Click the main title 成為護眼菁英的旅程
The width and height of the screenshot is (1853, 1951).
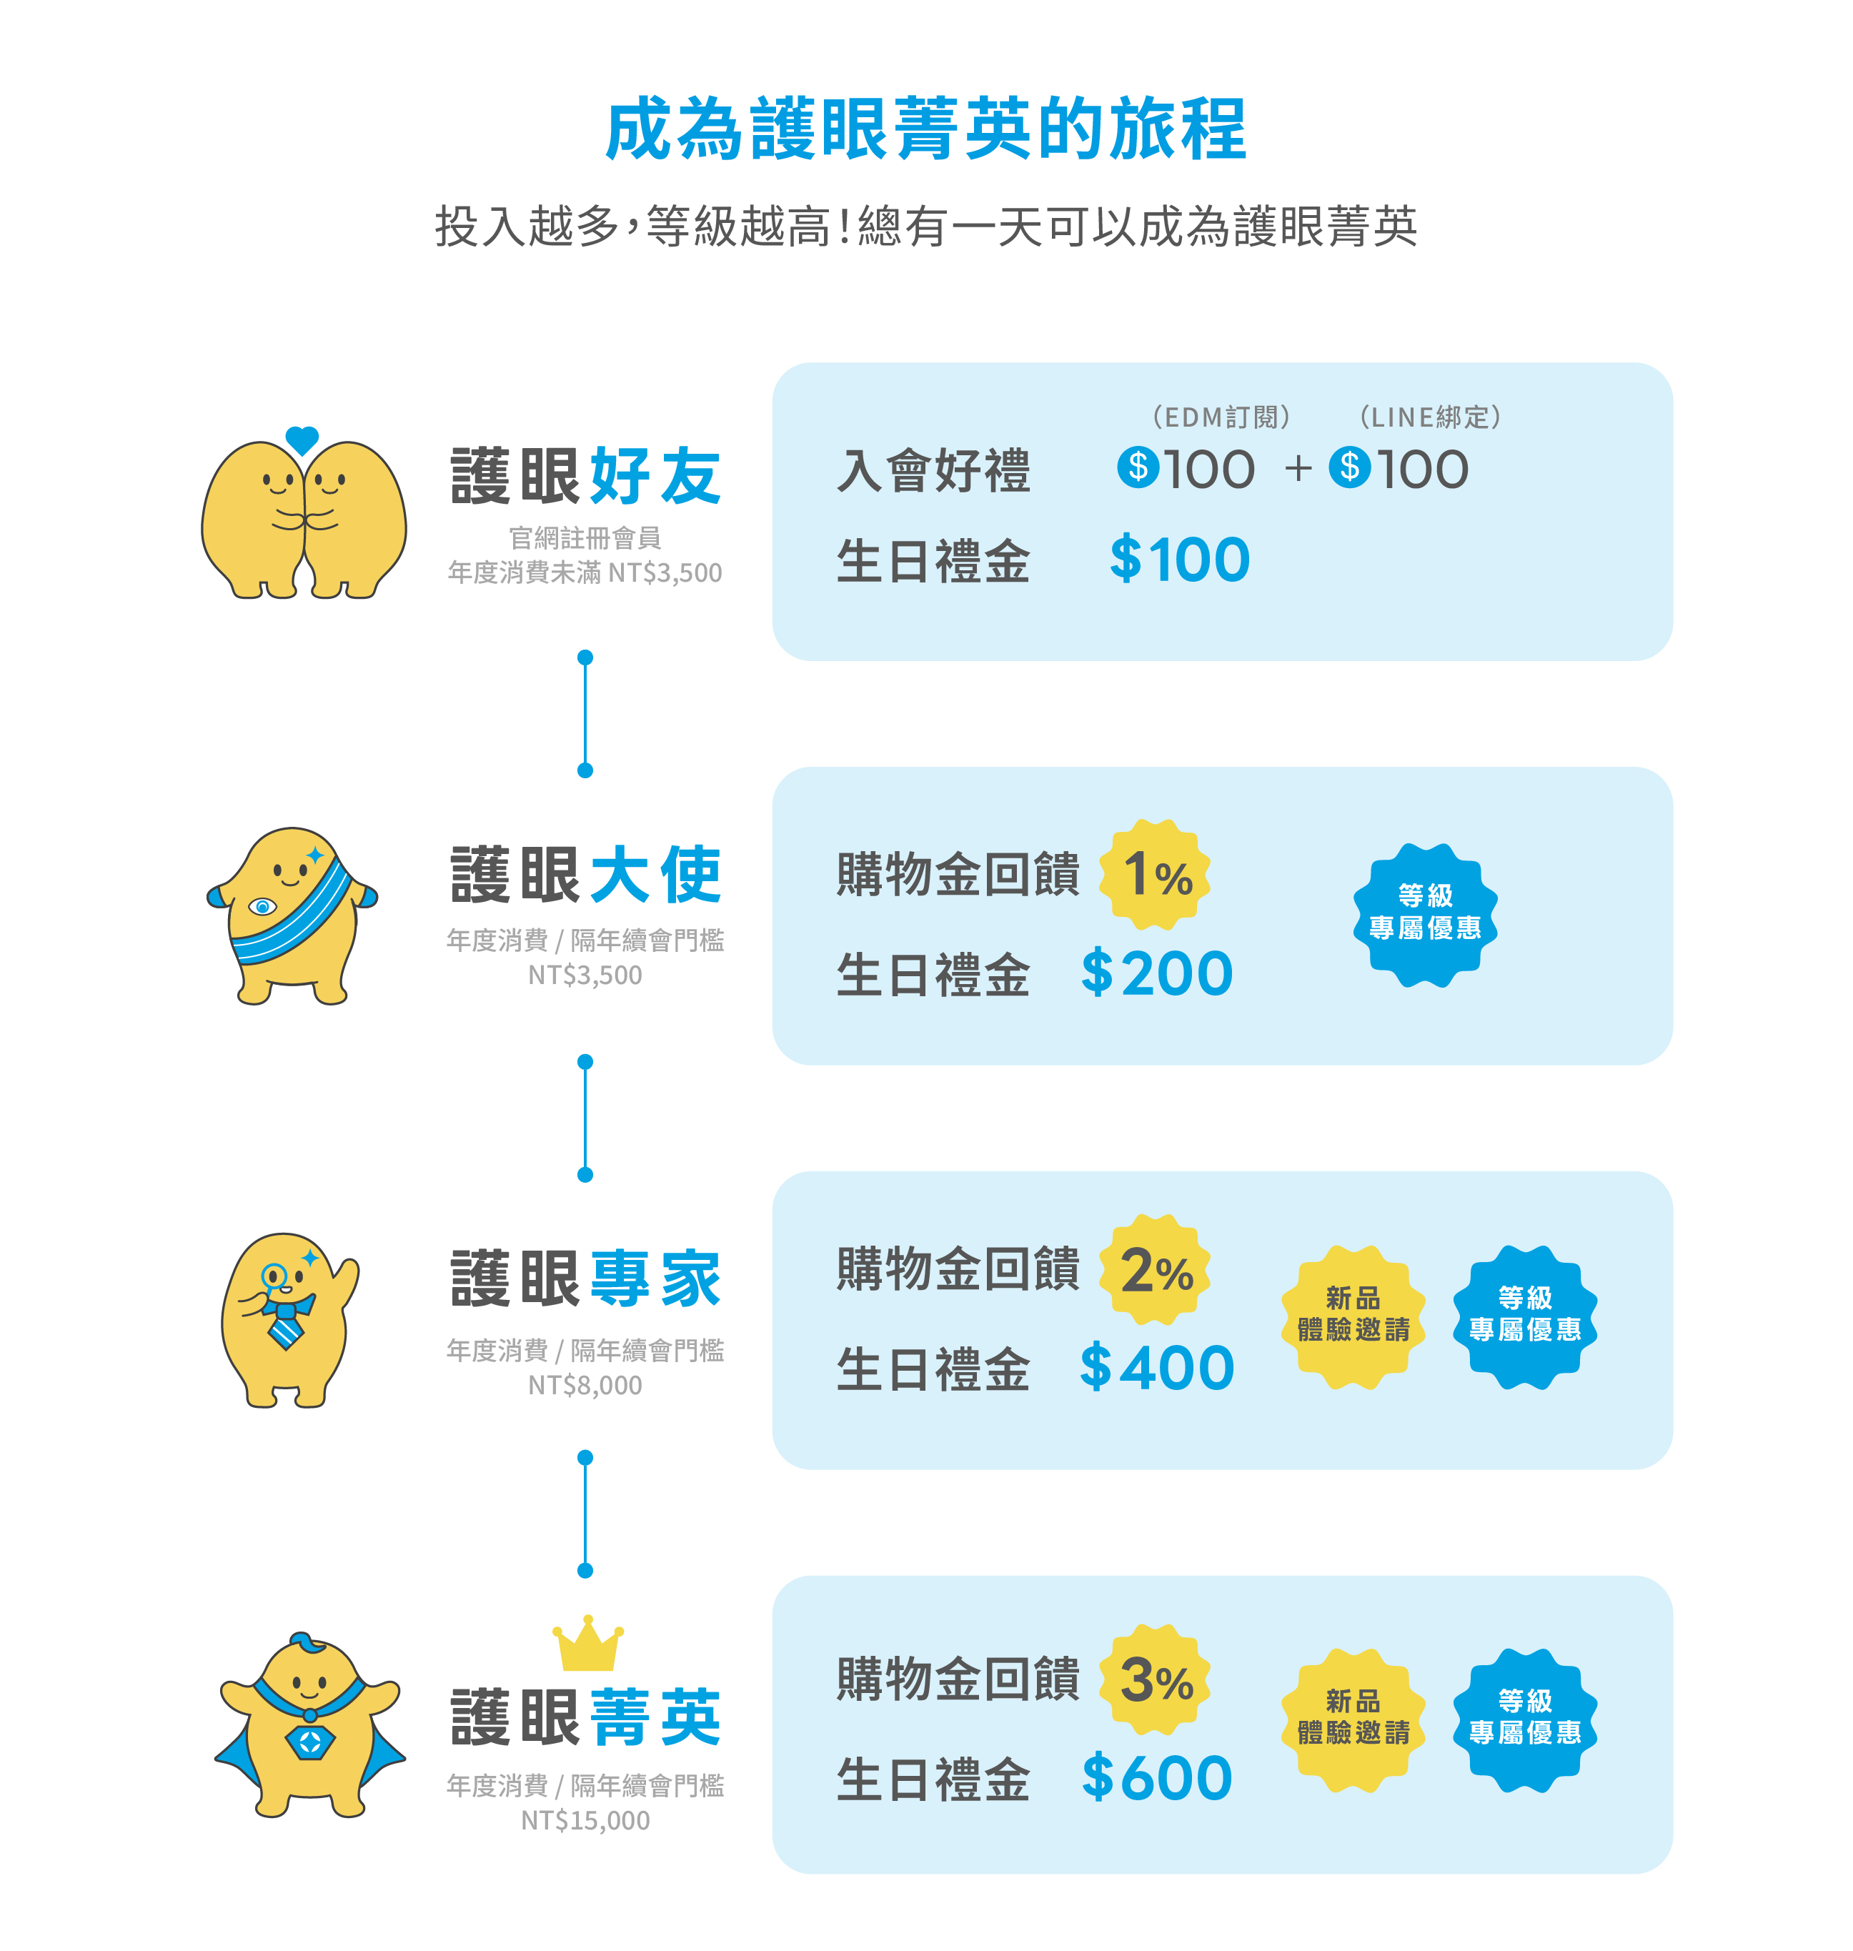tap(925, 129)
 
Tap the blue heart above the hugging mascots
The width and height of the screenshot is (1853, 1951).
tap(302, 440)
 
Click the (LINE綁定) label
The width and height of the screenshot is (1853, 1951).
tap(1430, 417)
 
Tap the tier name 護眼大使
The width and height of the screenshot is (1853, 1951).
tap(586, 875)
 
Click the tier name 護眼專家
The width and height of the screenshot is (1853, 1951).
tap(586, 1279)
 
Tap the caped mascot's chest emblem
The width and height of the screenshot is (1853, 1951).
tap(309, 1742)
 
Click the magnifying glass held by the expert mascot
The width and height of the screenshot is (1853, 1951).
tap(274, 1277)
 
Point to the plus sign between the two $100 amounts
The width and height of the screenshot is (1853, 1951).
tap(1298, 468)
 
